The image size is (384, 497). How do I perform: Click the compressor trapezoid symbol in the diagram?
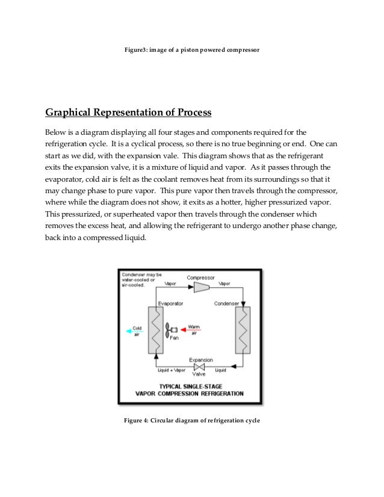[201, 288]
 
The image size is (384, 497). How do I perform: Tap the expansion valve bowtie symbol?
[201, 366]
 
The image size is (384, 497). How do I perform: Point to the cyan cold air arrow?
[129, 330]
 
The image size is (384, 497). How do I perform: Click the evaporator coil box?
[155, 330]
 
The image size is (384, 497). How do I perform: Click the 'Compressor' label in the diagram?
[200, 278]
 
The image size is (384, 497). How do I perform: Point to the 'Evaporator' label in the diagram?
[170, 303]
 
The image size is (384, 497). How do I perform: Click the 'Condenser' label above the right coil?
[227, 303]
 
